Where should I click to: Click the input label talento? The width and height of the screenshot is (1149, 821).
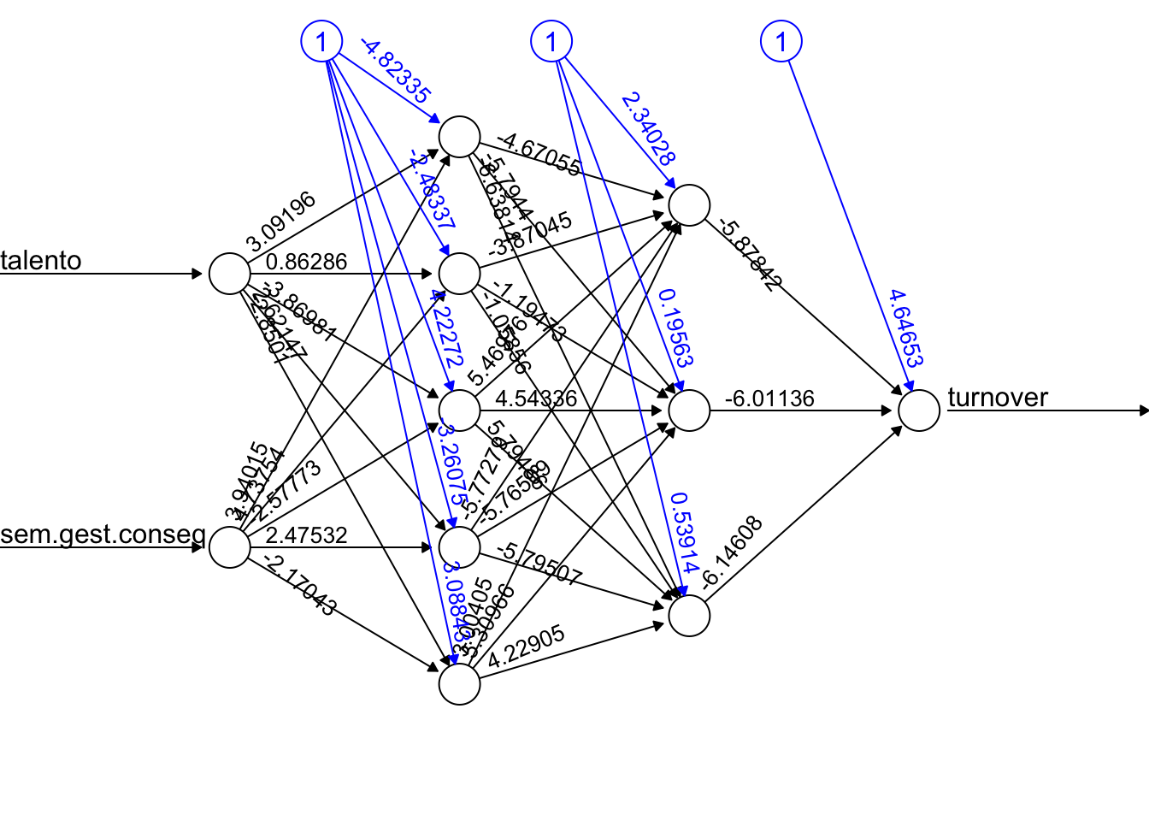41,261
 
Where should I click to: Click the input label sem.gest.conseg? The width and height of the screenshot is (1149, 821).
103,535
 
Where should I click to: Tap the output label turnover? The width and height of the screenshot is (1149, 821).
998,398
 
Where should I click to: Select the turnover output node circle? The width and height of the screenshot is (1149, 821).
919,410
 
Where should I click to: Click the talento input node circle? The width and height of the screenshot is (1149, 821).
230,274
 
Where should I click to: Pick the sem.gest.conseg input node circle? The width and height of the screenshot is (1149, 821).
230,547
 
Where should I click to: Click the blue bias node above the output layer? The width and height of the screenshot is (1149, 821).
781,41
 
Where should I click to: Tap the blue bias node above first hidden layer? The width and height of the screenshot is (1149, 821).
321,41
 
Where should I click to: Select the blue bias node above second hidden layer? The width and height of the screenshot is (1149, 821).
551,41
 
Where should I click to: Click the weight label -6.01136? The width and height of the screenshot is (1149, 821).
769,399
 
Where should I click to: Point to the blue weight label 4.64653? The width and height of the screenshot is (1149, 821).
905,328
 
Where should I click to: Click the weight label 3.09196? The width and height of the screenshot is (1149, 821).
280,221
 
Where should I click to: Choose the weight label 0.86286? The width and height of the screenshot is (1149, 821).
306,262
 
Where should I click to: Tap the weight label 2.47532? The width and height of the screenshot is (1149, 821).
306,535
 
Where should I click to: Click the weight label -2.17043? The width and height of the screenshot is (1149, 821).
299,585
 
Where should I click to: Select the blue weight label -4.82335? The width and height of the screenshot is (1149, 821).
395,71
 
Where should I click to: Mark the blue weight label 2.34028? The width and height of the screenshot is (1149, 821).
648,128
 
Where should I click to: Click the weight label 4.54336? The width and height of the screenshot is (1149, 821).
536,399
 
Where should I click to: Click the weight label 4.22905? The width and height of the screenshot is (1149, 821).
527,647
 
